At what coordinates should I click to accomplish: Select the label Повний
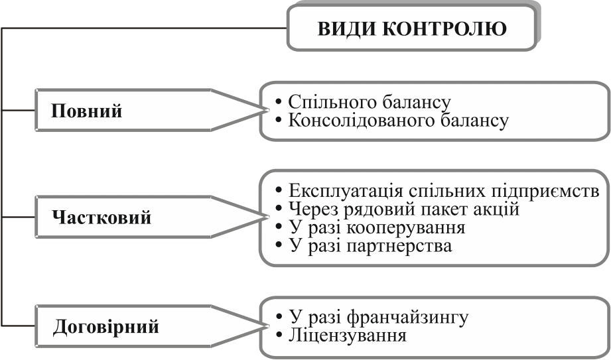87,111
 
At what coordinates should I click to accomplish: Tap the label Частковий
101,217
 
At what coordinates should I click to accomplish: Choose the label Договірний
106,327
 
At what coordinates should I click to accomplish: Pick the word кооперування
409,227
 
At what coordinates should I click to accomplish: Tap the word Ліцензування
347,335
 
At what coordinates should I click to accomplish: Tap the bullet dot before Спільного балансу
280,103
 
